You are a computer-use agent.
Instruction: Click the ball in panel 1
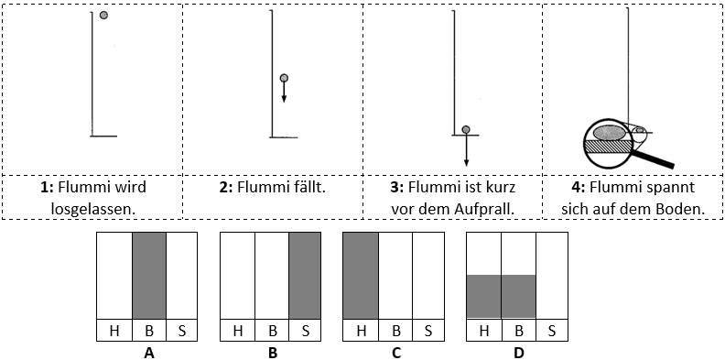point(103,16)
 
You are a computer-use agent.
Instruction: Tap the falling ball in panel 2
point(284,78)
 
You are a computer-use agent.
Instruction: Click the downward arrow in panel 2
point(284,93)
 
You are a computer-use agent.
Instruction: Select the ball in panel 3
point(466,129)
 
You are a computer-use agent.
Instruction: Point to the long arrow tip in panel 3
point(466,165)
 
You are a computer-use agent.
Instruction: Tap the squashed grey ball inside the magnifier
point(609,133)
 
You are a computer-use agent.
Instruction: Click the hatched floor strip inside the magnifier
point(608,147)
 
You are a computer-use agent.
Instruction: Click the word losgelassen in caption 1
point(93,209)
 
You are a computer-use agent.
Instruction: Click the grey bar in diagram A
point(149,276)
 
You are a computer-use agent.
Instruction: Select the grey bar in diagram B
point(305,276)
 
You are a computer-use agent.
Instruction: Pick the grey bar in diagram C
point(361,276)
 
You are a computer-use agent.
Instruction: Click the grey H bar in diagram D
point(484,297)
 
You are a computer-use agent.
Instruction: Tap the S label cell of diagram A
point(181,331)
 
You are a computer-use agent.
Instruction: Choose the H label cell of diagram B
point(238,331)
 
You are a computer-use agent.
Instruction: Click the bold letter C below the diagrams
point(395,353)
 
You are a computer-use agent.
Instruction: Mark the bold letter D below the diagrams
point(519,353)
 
